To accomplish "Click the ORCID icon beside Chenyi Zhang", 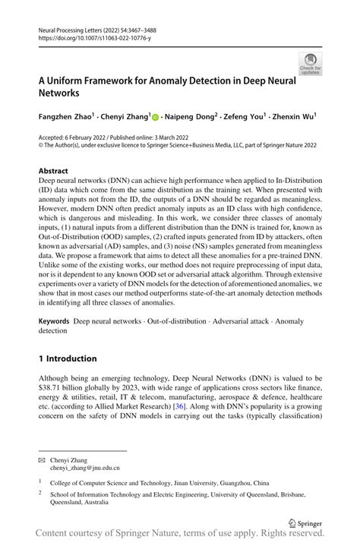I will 155,118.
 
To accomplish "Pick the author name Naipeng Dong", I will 191,118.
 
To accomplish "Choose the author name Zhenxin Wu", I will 295,118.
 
